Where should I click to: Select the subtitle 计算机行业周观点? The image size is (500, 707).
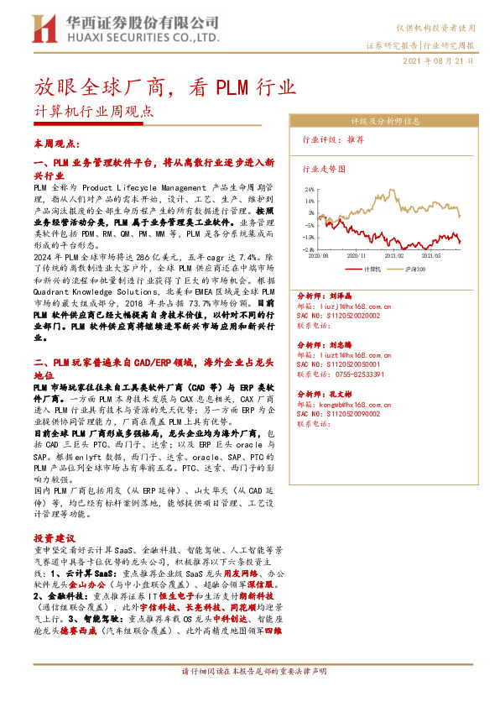point(94,111)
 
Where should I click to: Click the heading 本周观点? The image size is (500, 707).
point(53,144)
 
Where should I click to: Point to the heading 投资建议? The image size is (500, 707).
point(55,537)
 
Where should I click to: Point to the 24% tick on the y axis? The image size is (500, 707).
point(310,189)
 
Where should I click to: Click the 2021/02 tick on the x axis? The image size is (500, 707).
point(394,254)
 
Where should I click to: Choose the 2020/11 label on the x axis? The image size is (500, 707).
point(357,254)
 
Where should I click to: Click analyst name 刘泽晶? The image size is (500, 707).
point(339,296)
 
